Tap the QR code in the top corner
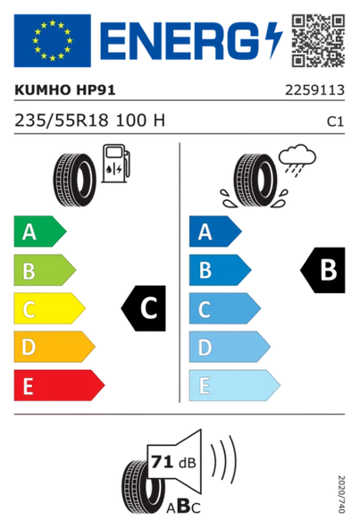click(x=318, y=39)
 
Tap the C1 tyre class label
click(x=337, y=122)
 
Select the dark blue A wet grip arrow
click(x=213, y=233)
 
